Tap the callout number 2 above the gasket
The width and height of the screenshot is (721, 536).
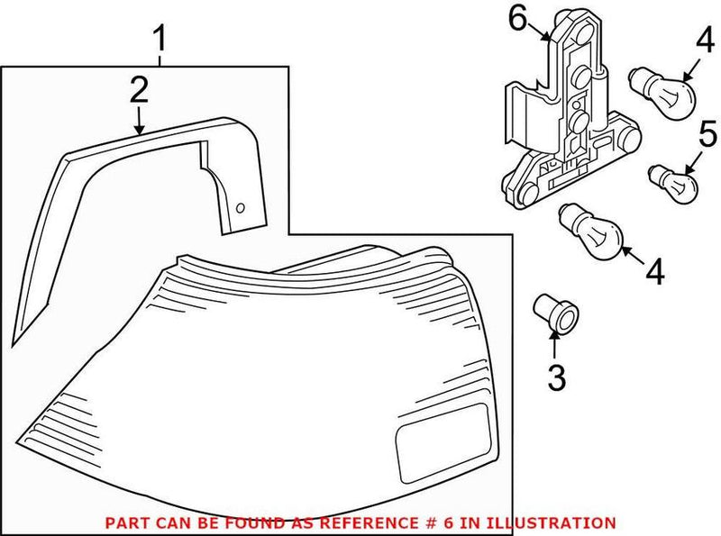138,89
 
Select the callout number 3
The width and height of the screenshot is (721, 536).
556,377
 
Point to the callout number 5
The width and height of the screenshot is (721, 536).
707,137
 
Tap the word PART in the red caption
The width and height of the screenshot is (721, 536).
125,522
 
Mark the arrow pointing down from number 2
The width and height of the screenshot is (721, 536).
138,119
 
